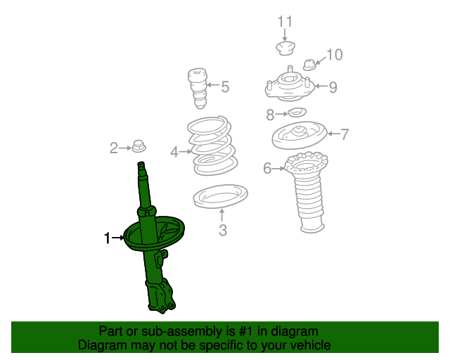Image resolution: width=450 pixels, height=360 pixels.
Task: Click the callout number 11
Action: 285,22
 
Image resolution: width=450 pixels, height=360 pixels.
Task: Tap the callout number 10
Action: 335,55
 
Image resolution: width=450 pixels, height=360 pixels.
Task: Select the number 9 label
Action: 333,87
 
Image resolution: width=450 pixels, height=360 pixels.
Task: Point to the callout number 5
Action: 225,86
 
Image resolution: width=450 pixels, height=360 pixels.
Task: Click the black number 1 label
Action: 107,238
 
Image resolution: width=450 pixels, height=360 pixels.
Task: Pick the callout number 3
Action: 223,230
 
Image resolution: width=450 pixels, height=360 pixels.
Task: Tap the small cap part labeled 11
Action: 285,49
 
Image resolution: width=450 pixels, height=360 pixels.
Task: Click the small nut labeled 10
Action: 309,65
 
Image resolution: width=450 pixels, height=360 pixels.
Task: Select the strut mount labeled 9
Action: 290,86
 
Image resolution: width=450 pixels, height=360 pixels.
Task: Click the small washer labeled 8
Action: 297,112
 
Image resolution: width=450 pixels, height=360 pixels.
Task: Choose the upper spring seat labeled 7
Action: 300,135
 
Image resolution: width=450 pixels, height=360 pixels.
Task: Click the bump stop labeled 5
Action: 198,88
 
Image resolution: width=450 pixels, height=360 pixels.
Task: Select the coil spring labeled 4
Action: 212,146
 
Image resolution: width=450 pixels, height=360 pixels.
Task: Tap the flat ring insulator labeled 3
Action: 220,196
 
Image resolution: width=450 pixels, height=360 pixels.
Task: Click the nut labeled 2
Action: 139,146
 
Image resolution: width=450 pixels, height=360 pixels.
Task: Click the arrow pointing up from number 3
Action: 221,216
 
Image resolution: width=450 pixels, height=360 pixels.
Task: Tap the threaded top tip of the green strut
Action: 141,165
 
